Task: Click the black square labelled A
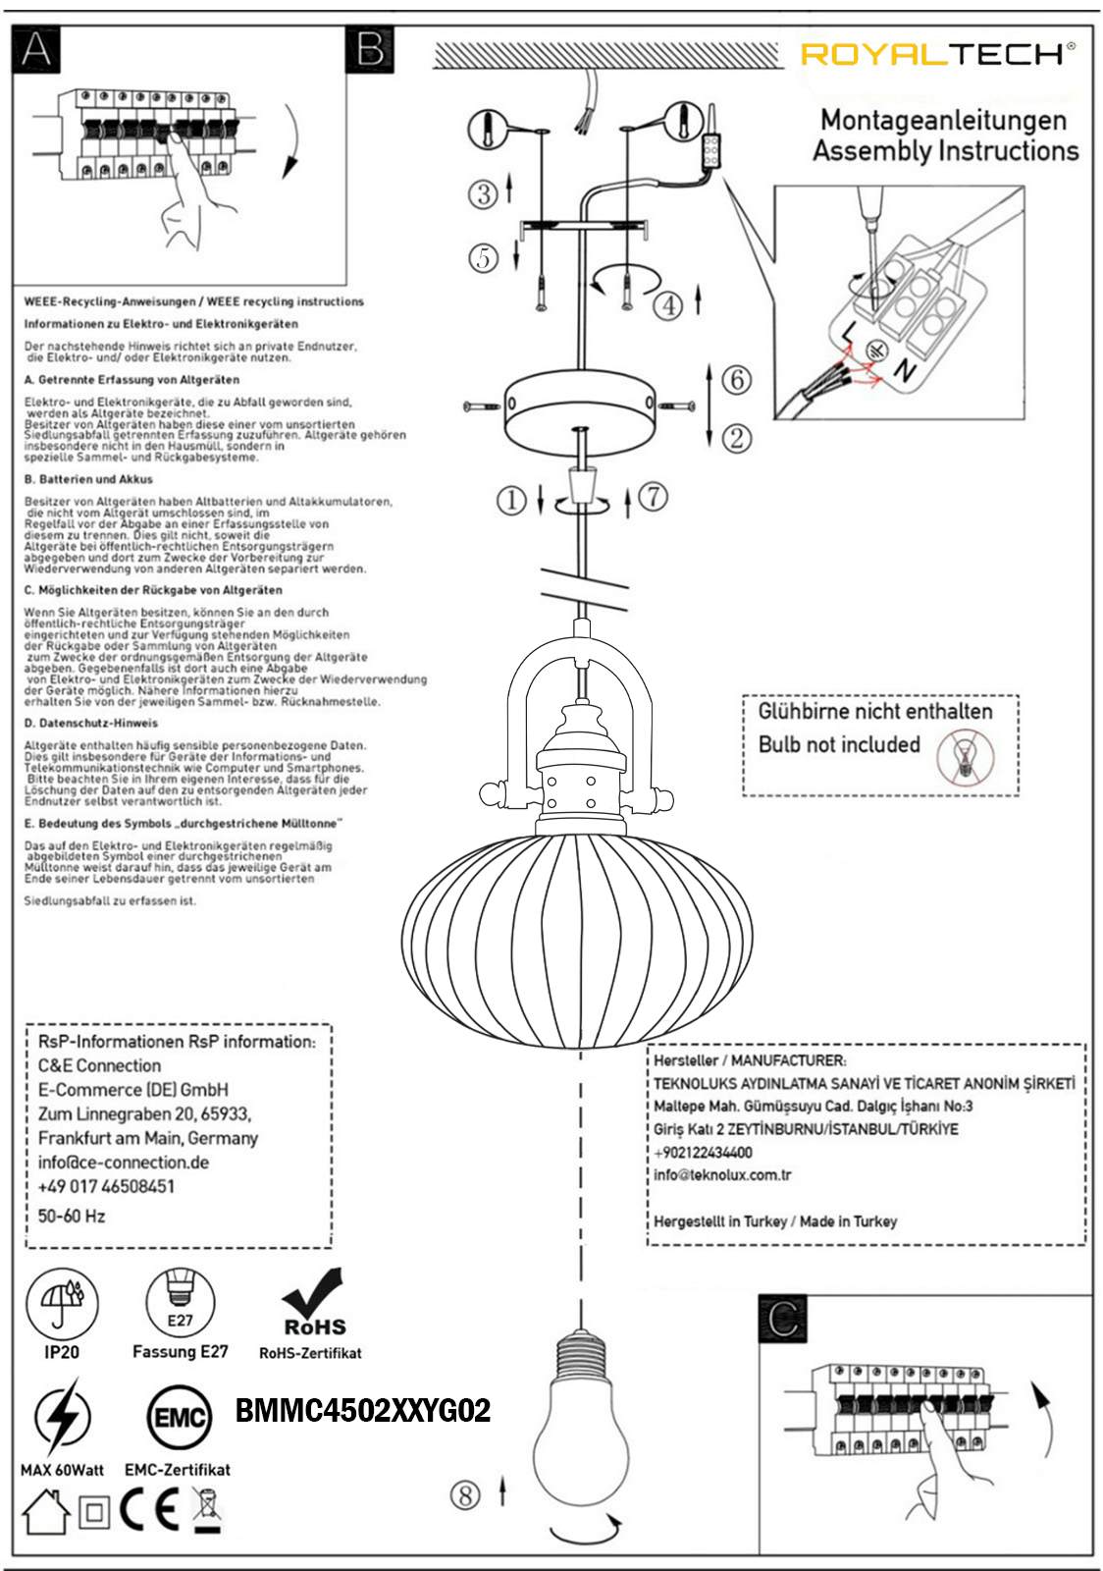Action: pos(36,49)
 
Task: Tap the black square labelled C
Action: pos(782,1319)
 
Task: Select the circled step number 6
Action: pos(737,380)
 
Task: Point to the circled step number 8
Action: pos(465,1495)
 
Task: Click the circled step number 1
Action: pos(511,501)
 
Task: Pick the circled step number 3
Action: pos(483,194)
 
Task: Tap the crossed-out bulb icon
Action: pos(965,757)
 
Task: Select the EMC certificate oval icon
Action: pos(179,1418)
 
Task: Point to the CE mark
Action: pos(150,1511)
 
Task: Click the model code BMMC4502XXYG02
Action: pos(363,1412)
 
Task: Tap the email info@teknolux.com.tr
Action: pos(722,1175)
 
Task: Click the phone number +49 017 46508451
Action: pos(106,1186)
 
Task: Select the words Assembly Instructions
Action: pos(945,151)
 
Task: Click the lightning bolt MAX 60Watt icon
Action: pos(62,1417)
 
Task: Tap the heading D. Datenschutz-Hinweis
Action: pos(90,723)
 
